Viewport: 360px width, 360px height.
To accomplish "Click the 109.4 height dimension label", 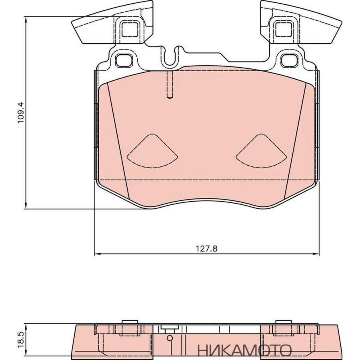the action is click(21, 113).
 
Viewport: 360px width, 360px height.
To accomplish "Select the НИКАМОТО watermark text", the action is click(244, 350).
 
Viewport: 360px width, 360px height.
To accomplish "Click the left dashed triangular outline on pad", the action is click(152, 150).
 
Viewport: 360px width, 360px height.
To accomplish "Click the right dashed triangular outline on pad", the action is click(261, 150).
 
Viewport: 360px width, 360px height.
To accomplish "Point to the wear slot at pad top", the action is click(170, 85).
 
